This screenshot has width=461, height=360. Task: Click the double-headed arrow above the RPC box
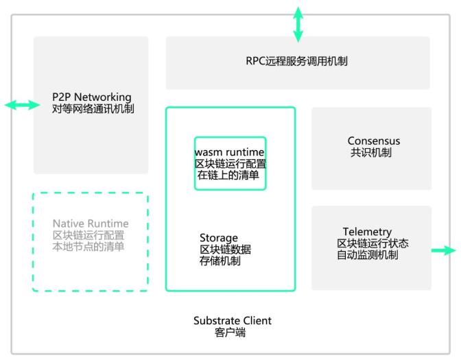tap(298, 24)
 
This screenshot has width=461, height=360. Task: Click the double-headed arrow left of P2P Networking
tap(22, 105)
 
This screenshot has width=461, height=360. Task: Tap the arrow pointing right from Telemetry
tap(443, 250)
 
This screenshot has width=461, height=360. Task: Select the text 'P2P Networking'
tap(91, 97)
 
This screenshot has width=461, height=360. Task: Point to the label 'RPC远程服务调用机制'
tap(296, 62)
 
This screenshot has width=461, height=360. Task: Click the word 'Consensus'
tap(373, 141)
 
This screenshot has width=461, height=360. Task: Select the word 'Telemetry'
tap(367, 232)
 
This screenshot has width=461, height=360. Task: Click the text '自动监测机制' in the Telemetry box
tap(367, 255)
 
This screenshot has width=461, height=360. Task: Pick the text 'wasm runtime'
tap(230, 152)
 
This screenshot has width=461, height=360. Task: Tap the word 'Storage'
tap(219, 238)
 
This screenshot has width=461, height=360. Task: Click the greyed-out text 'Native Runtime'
tap(91, 224)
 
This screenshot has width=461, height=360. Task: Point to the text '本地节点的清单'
tap(88, 247)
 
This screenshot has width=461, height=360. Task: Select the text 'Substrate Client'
tap(232, 320)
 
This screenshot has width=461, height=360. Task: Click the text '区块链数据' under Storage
tap(225, 250)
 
